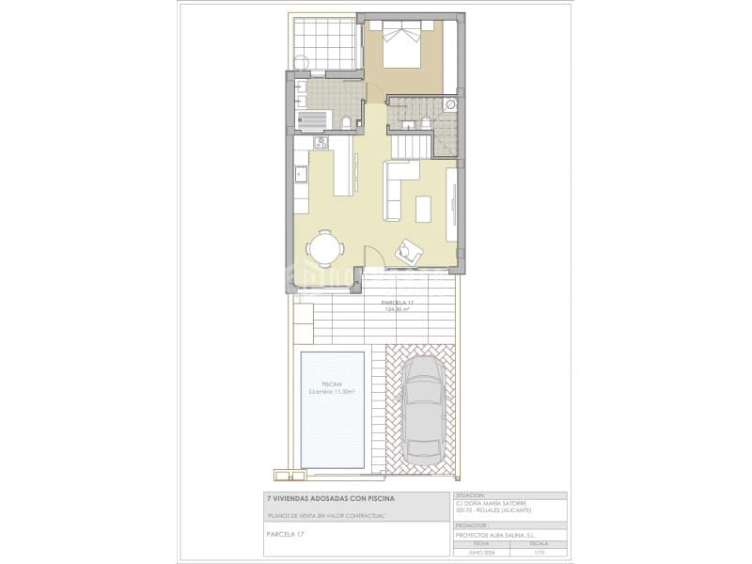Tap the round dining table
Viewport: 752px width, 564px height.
pos(325,248)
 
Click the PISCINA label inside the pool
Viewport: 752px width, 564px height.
pos(332,385)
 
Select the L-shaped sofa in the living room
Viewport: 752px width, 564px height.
pos(394,188)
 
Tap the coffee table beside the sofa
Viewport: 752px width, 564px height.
pos(426,208)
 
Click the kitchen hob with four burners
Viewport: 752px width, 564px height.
pos(321,144)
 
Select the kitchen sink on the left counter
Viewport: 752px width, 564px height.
pos(302,174)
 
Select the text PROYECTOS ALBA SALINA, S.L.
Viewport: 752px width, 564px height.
pos(496,535)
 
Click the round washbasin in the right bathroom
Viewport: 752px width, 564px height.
pos(450,104)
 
